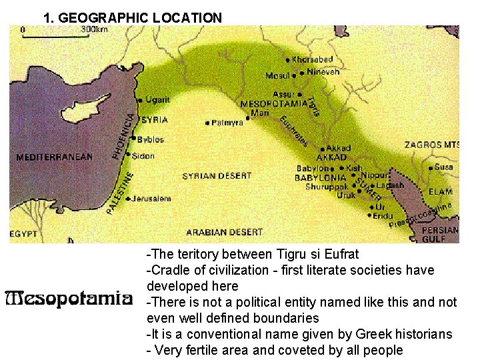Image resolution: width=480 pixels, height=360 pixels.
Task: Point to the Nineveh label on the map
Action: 325,71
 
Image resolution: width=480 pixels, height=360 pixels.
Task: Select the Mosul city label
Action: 277,75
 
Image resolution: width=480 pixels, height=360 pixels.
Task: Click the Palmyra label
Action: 227,123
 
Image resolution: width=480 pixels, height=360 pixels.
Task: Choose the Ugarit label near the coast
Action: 157,100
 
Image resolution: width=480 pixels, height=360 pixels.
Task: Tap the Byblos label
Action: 150,140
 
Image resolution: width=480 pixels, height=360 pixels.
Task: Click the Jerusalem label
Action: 151,199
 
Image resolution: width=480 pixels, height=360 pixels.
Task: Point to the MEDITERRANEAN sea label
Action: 55,157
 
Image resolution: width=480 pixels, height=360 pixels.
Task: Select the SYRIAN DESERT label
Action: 217,176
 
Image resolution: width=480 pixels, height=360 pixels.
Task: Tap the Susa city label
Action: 443,167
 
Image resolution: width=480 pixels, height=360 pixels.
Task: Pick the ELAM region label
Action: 441,191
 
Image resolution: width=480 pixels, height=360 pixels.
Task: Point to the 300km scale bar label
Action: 94,29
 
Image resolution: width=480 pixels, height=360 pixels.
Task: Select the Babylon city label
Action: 312,169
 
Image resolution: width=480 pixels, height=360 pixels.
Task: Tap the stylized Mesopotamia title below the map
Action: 67,298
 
